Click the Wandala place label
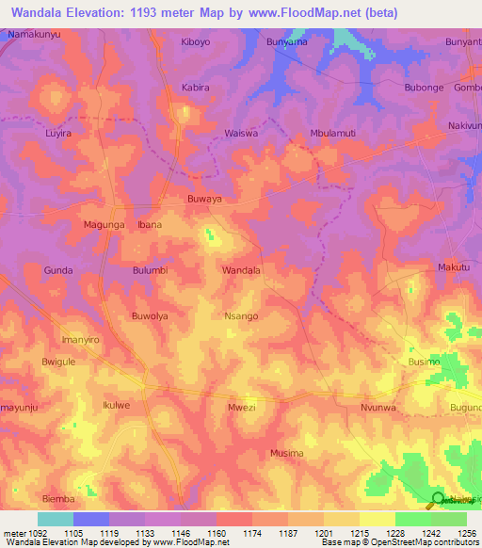pyautogui.click(x=241, y=270)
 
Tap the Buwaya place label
pyautogui.click(x=204, y=201)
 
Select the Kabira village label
pyautogui.click(x=194, y=87)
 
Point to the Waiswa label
pyautogui.click(x=241, y=133)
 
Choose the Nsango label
pyautogui.click(x=241, y=316)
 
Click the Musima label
pyautogui.click(x=286, y=453)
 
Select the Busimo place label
pyautogui.click(x=424, y=362)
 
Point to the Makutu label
pyautogui.click(x=454, y=268)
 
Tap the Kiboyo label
pyautogui.click(x=196, y=42)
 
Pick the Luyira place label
pyautogui.click(x=58, y=133)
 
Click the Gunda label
pyautogui.click(x=58, y=270)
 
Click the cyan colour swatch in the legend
pyautogui.click(x=55, y=519)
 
